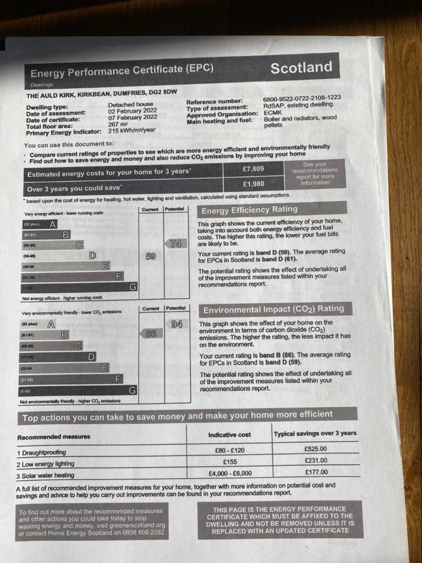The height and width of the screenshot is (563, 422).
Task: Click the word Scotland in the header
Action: (x=301, y=68)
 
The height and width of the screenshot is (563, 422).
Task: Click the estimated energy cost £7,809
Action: (x=253, y=169)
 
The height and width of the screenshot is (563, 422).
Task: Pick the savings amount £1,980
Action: (x=253, y=184)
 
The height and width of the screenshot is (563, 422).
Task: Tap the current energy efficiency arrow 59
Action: (x=150, y=257)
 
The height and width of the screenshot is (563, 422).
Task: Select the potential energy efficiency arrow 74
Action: (x=176, y=244)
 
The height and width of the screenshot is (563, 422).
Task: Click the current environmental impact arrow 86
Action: (x=151, y=334)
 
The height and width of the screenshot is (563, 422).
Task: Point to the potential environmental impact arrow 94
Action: (x=176, y=324)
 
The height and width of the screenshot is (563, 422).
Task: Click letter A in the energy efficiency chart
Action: (x=53, y=224)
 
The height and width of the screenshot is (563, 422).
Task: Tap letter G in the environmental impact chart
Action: (x=132, y=390)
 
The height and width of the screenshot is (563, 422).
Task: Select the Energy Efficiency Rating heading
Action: (x=249, y=210)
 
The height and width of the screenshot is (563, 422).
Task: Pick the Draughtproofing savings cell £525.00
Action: (x=316, y=449)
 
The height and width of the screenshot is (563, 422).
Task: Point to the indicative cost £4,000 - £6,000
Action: (x=230, y=473)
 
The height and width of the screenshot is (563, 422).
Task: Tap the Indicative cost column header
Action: (x=229, y=435)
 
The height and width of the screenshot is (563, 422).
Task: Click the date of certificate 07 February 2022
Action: (x=132, y=117)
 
